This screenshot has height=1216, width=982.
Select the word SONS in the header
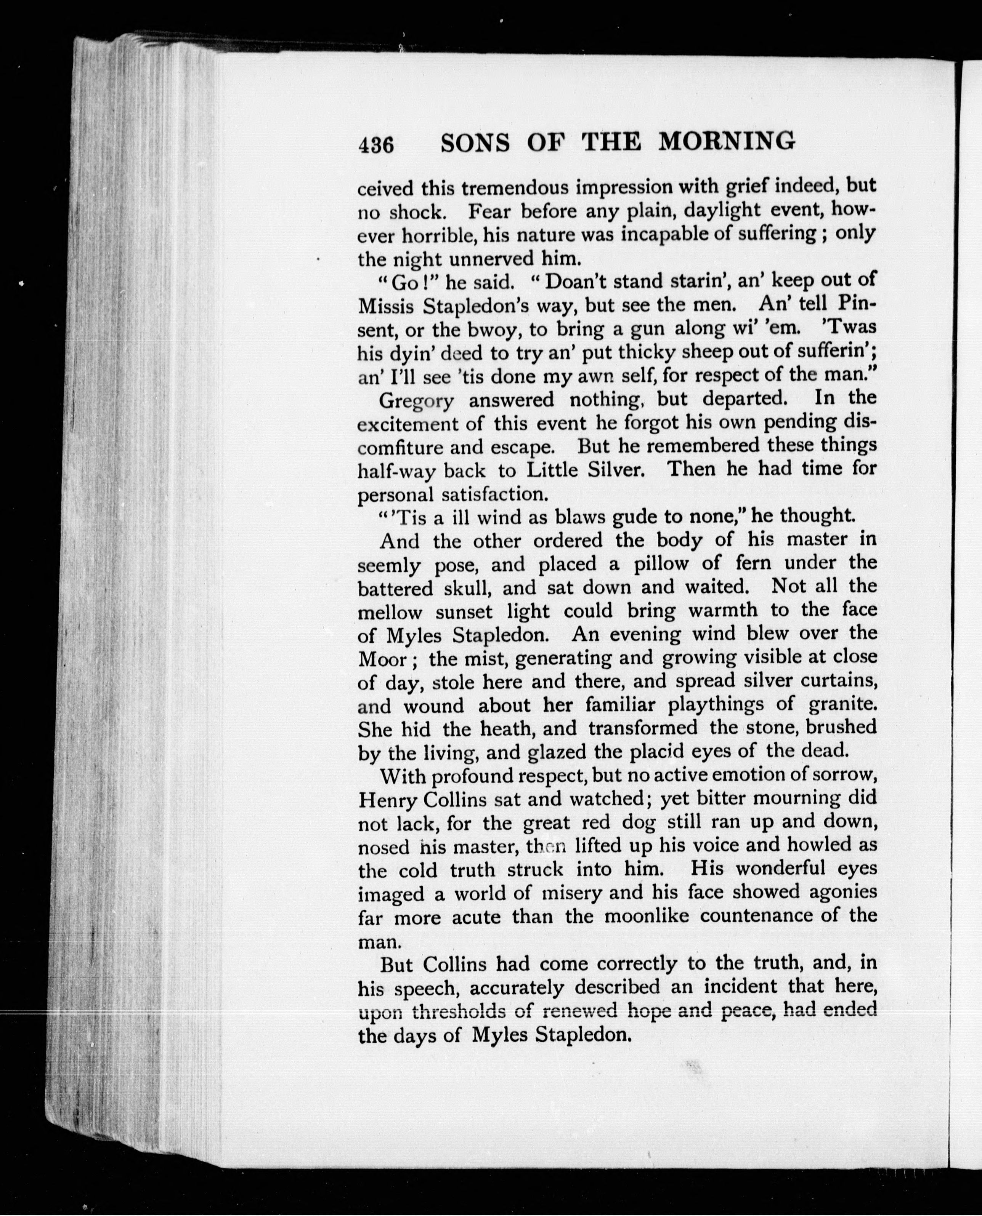475,144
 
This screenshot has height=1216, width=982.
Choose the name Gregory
416,401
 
